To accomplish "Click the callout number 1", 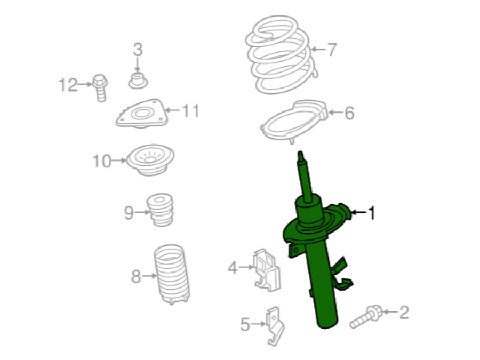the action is coord(371,213).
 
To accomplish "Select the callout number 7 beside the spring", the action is coord(332,49).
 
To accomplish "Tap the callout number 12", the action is coord(68,85).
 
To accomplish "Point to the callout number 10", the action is coord(102,161).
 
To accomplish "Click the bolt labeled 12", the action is coord(100,87).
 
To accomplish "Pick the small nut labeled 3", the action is coord(138,81).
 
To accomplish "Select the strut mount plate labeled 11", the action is coord(142,114).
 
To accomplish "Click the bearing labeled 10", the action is coord(150,160).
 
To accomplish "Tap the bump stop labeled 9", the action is coord(160,210).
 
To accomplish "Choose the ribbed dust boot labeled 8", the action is coord(171,274).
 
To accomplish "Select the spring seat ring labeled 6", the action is coord(294,121).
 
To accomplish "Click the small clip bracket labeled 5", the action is coord(275,326).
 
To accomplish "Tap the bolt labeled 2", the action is coord(366,316).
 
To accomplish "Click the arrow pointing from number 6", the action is coord(335,113).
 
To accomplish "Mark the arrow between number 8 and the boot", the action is coord(150,276).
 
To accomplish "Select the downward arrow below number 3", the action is coord(138,65).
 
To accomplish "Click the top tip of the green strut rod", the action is coord(300,152).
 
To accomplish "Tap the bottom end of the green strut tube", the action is coord(327,326).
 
